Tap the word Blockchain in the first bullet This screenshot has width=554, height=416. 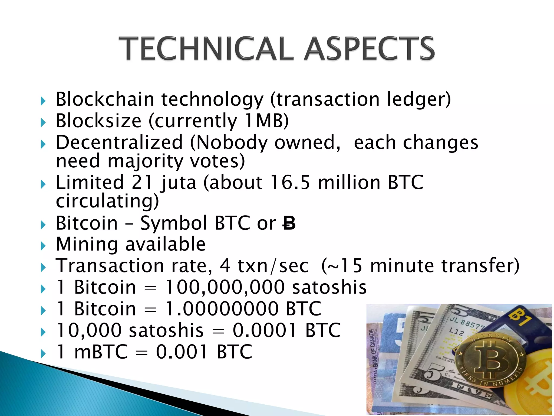pos(105,99)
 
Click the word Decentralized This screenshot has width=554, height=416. pos(119,142)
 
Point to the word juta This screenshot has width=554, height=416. pos(178,183)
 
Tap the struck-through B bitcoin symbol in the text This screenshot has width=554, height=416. pos(289,224)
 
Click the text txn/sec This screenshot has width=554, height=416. pos(273,266)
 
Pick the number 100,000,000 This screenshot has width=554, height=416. pos(225,287)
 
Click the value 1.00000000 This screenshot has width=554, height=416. pos(222,309)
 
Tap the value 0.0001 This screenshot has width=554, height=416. pos(264,330)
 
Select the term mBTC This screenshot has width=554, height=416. pos(101,352)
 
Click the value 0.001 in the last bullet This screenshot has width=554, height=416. pos(182,352)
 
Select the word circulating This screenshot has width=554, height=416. pos(107,201)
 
